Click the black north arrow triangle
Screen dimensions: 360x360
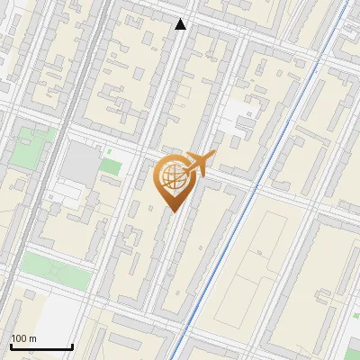pyautogui.click(x=181, y=24)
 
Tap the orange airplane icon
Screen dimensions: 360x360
pyautogui.click(x=199, y=163)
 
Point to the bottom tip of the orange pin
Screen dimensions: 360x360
pyautogui.click(x=171, y=211)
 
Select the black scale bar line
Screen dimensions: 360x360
pyautogui.click(x=41, y=346)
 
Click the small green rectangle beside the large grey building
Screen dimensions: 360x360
pyautogui.click(x=111, y=166)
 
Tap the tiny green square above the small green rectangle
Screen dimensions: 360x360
pyautogui.click(x=110, y=150)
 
